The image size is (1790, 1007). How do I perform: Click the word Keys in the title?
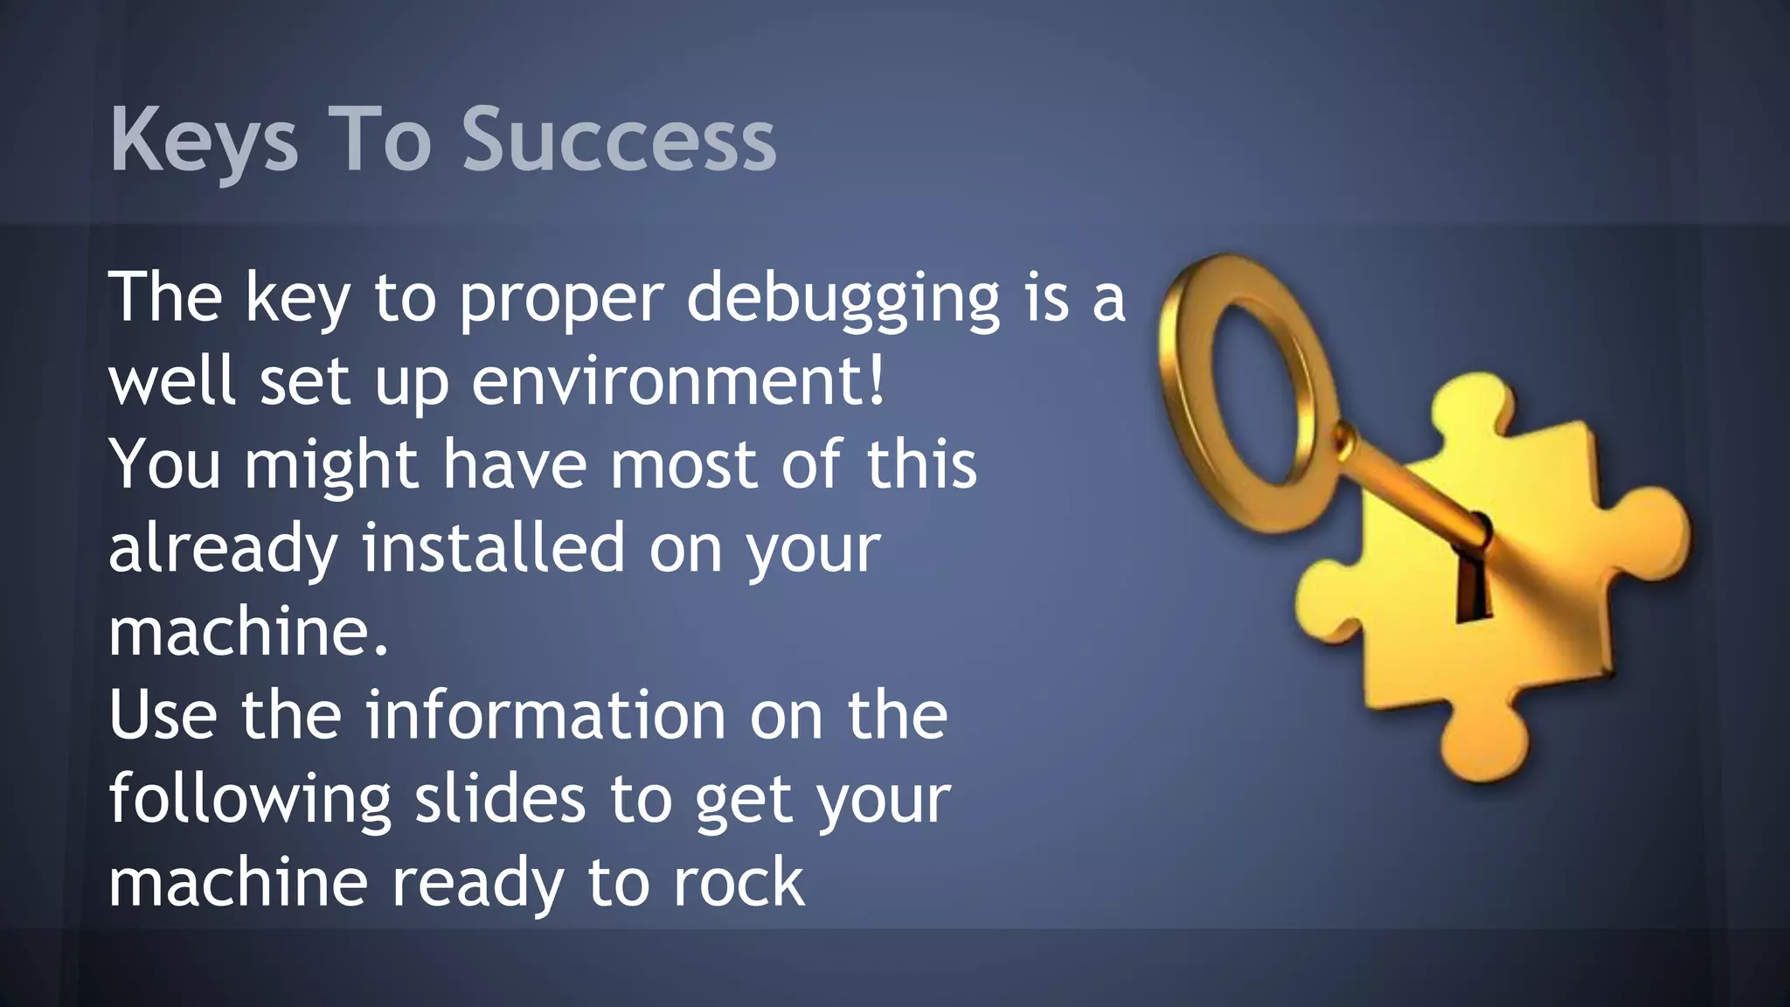(x=204, y=141)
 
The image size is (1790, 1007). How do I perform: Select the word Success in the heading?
(x=619, y=141)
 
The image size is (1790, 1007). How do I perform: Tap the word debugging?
(x=843, y=299)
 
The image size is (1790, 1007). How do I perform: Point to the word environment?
(x=679, y=382)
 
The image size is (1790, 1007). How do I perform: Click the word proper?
(x=561, y=299)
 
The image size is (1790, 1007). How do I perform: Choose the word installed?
(x=494, y=548)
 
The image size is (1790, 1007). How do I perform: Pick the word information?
(x=545, y=715)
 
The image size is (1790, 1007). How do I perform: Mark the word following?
(x=249, y=799)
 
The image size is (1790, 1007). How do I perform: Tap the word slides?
(x=499, y=799)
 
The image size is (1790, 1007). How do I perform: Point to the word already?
(x=223, y=548)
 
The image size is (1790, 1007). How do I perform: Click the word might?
(x=330, y=465)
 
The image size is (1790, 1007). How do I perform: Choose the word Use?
(x=163, y=715)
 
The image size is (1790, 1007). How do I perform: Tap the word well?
(x=171, y=382)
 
